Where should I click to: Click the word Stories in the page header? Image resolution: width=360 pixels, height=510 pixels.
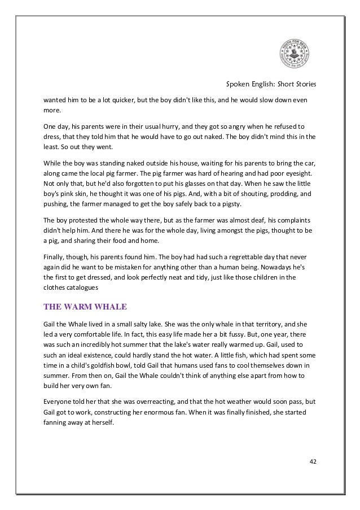click(x=305, y=85)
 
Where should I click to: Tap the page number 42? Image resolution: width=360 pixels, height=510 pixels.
click(x=313, y=463)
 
